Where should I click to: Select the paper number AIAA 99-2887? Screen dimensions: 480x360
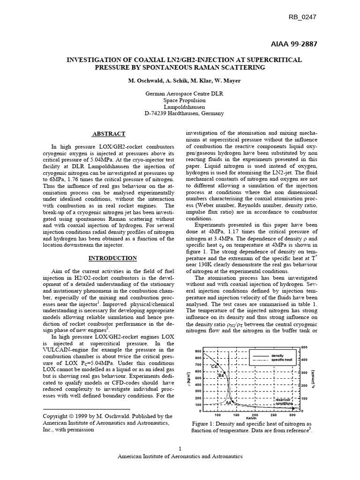click(x=294, y=44)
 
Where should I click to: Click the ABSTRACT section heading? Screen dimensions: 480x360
click(x=108, y=134)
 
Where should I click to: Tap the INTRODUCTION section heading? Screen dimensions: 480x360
click(x=113, y=258)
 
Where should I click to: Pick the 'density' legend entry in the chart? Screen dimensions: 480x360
click(x=277, y=355)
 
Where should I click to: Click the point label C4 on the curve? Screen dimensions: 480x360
click(x=215, y=366)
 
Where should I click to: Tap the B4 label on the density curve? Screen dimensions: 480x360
click(x=221, y=375)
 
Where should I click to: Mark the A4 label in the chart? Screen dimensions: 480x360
click(x=228, y=402)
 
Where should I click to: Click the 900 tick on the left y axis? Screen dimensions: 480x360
click(x=197, y=351)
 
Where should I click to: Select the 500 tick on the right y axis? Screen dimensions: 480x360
click(x=304, y=347)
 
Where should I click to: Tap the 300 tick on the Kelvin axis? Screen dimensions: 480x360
click(x=292, y=415)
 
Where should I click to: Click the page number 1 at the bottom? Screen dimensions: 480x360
click(x=180, y=447)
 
